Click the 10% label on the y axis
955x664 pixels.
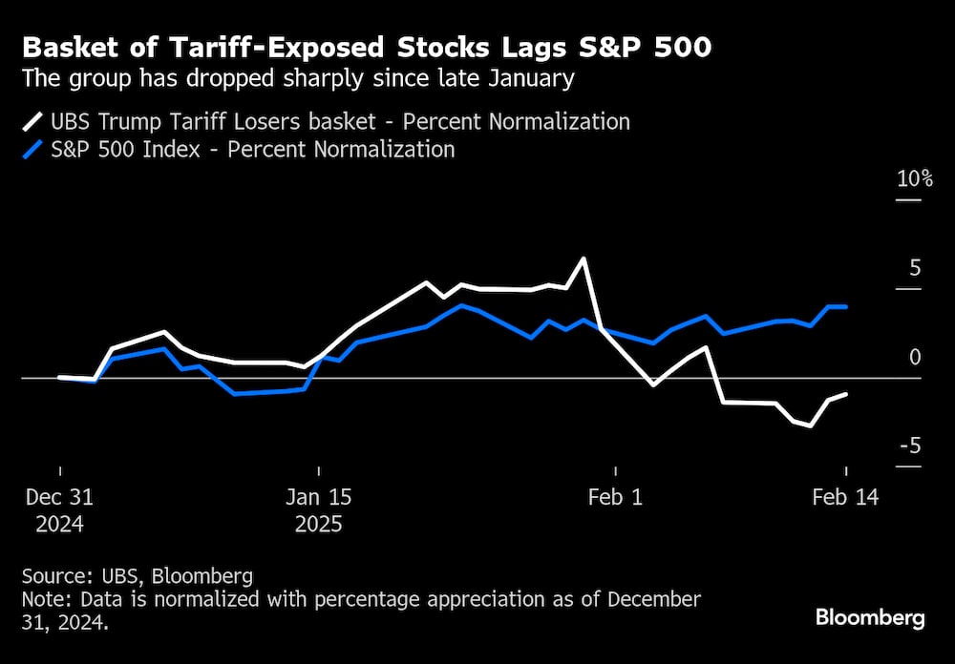[914, 179]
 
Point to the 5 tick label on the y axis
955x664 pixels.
[915, 268]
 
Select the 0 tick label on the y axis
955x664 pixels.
[915, 357]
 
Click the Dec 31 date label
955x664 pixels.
[59, 497]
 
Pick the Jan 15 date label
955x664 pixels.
[320, 497]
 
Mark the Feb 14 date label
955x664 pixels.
[845, 497]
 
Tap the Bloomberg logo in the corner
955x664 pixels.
[870, 618]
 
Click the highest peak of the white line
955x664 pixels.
[583, 259]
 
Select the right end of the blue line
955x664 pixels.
[846, 306]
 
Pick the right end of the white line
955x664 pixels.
[846, 394]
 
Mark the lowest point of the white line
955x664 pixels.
[811, 425]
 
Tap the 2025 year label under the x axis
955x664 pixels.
[320, 525]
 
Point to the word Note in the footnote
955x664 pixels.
[43, 599]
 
